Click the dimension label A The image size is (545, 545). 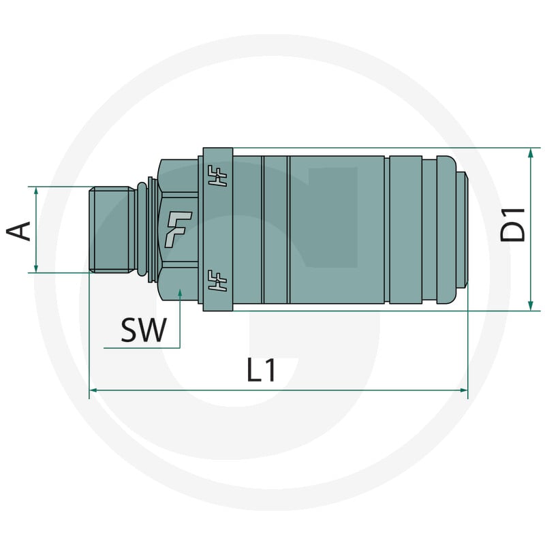pos(18,230)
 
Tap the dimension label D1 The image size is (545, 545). pos(512,224)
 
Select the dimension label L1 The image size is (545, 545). pos(262,370)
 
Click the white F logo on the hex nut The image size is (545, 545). pos(178,229)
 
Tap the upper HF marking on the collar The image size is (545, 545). pos(217,176)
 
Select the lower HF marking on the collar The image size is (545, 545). pos(217,280)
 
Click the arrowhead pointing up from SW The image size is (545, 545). pos(180,294)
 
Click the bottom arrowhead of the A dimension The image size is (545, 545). pos(36,268)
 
